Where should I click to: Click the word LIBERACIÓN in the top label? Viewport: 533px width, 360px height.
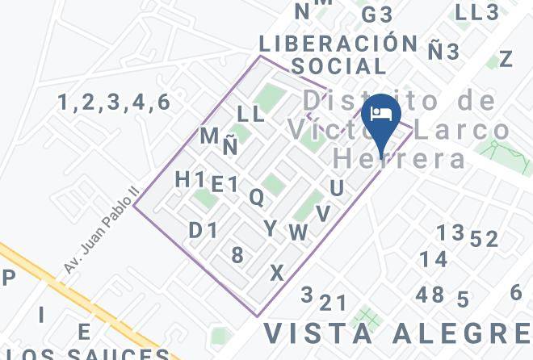tap(338, 44)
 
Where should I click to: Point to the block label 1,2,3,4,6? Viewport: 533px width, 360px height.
tap(114, 103)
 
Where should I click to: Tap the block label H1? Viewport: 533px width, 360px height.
tap(190, 180)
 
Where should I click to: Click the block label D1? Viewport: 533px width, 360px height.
tap(204, 231)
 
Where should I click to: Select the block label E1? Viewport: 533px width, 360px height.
tap(225, 185)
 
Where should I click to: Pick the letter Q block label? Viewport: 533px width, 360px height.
tap(256, 197)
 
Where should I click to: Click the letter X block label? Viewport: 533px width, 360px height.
tap(277, 274)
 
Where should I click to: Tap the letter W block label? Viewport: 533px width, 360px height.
tap(299, 232)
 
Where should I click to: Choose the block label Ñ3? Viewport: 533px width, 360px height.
tap(443, 52)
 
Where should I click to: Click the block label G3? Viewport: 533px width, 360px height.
tap(376, 15)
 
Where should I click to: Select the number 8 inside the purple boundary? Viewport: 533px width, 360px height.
tap(237, 256)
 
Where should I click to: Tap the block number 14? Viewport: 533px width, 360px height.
tap(433, 259)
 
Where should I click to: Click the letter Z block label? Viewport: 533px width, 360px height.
tap(506, 59)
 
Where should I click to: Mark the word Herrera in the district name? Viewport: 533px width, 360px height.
tap(401, 157)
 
